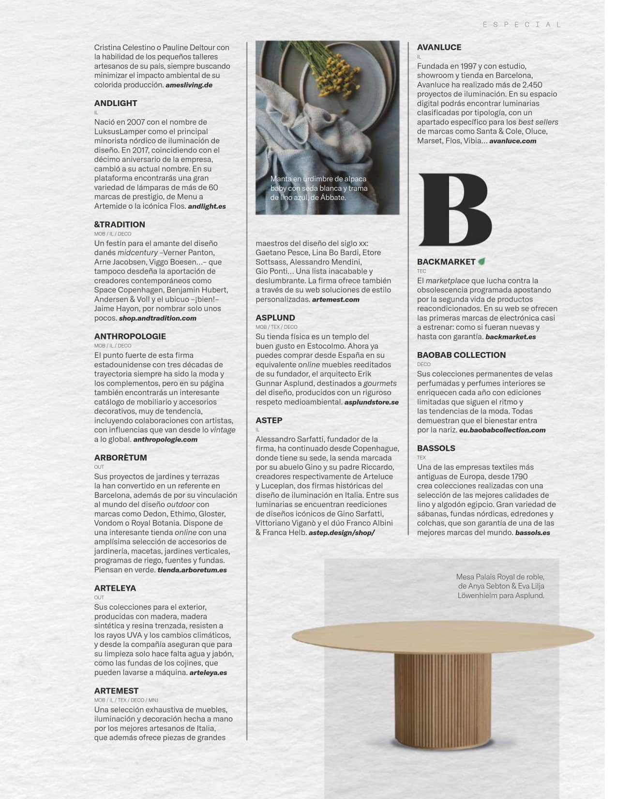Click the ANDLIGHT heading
point(116,103)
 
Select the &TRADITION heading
point(120,224)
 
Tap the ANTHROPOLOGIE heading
point(130,336)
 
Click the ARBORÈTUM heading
point(120,457)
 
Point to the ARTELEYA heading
point(115,588)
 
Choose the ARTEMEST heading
point(116,691)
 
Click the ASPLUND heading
point(275,318)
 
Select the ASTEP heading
point(269,420)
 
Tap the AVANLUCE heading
point(439,47)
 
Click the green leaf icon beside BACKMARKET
point(482,261)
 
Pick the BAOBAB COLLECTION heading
point(461,355)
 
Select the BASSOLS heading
point(436,448)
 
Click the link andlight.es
point(207,206)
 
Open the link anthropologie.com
point(165,439)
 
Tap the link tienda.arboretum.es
point(192,570)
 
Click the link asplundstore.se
point(371,402)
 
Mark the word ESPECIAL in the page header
point(522,24)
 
